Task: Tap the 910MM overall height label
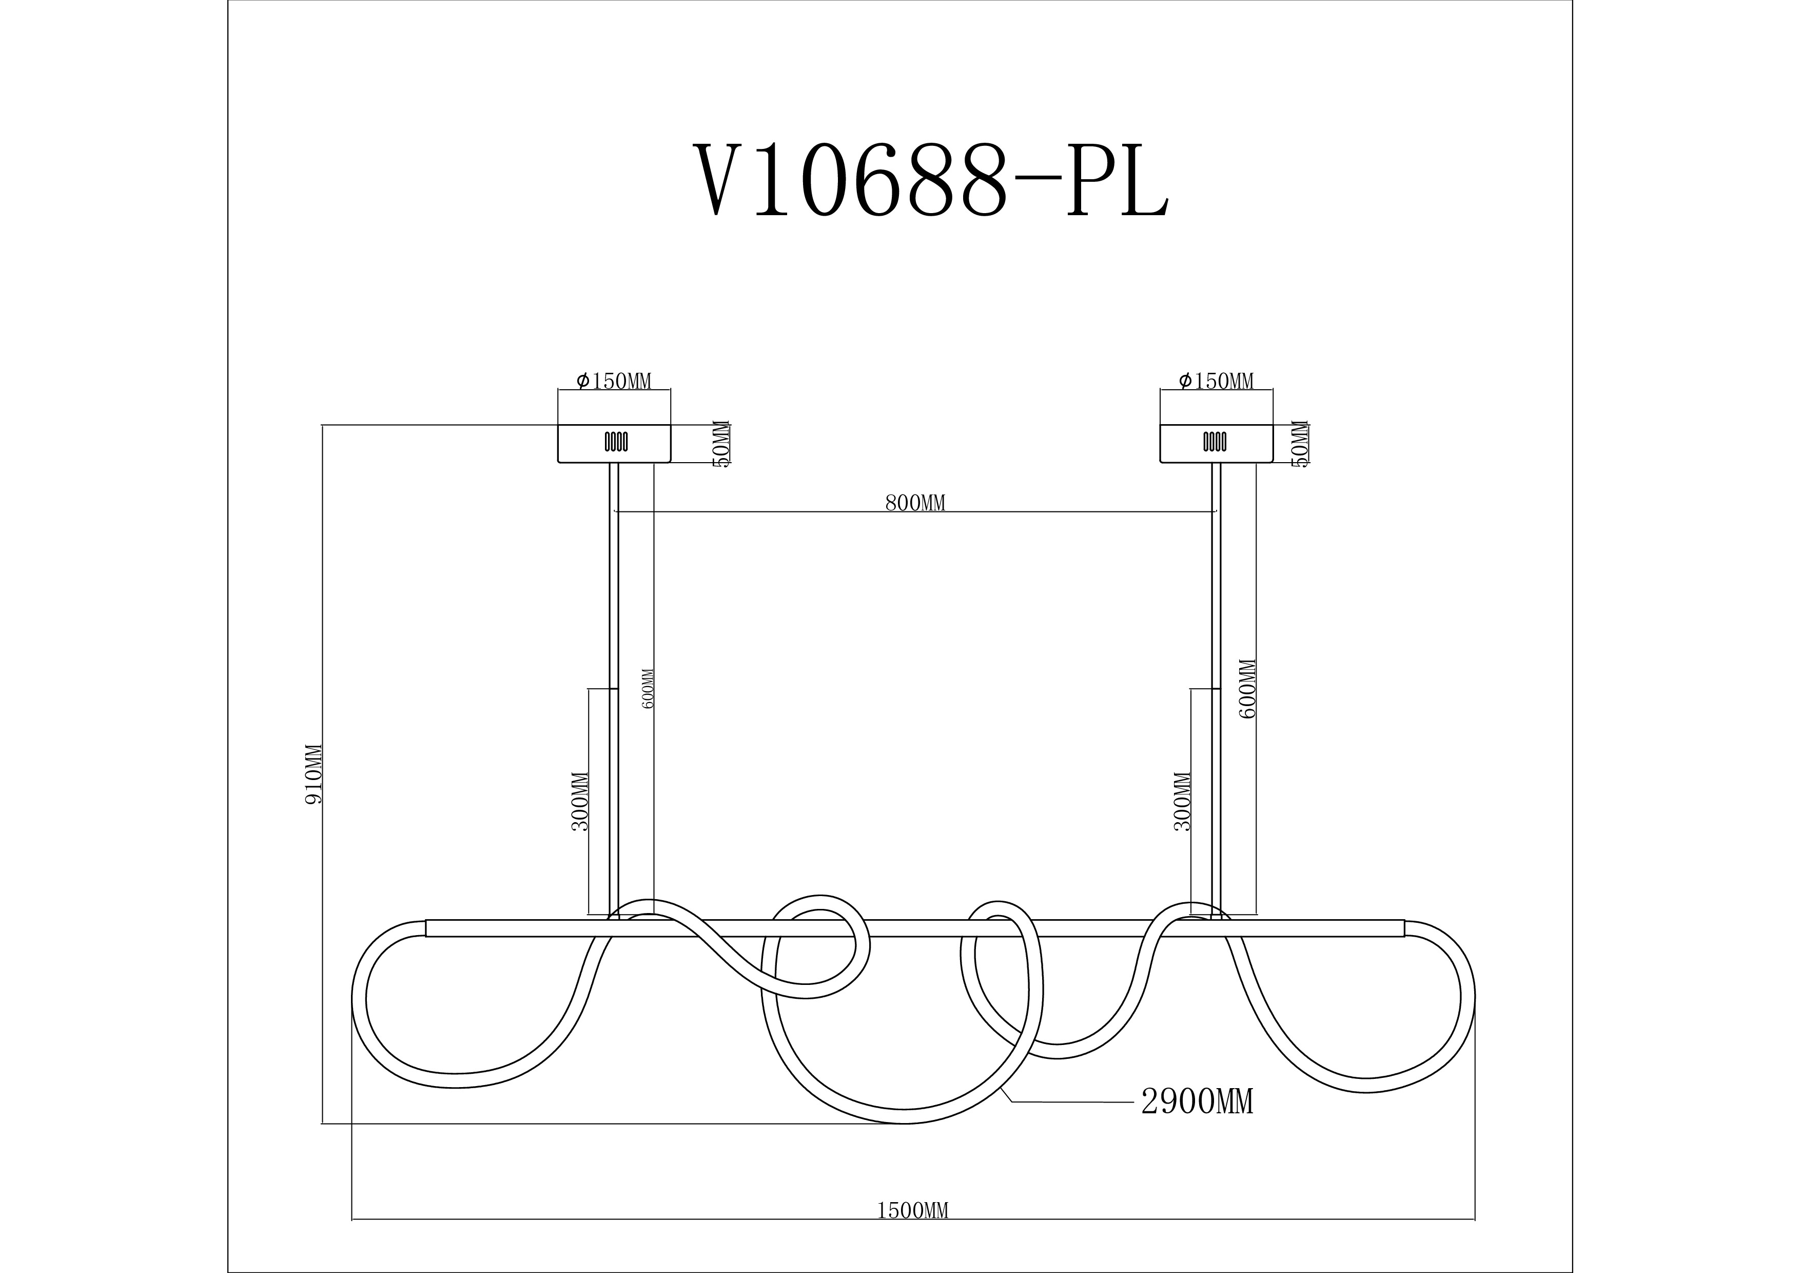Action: click(314, 773)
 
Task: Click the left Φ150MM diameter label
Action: click(614, 381)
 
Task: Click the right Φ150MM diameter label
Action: click(1216, 381)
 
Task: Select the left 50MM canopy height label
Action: click(721, 444)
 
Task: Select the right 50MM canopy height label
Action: click(1300, 444)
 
